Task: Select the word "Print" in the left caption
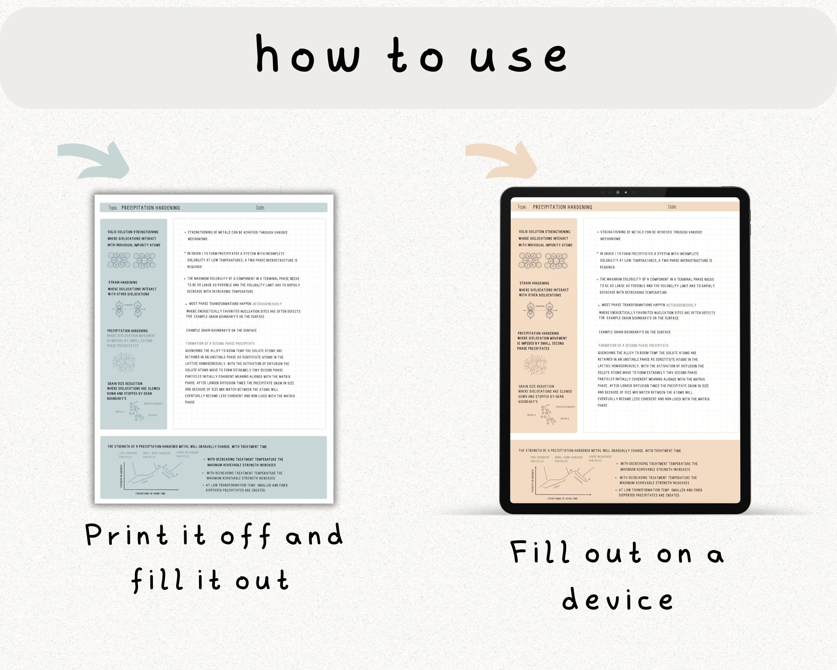(127, 536)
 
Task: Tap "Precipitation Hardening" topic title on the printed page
(151, 208)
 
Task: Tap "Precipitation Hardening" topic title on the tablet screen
(562, 207)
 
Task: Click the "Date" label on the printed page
(260, 208)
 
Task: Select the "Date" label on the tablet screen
(672, 207)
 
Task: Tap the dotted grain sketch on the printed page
(124, 362)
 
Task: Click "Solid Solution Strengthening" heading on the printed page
(133, 232)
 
